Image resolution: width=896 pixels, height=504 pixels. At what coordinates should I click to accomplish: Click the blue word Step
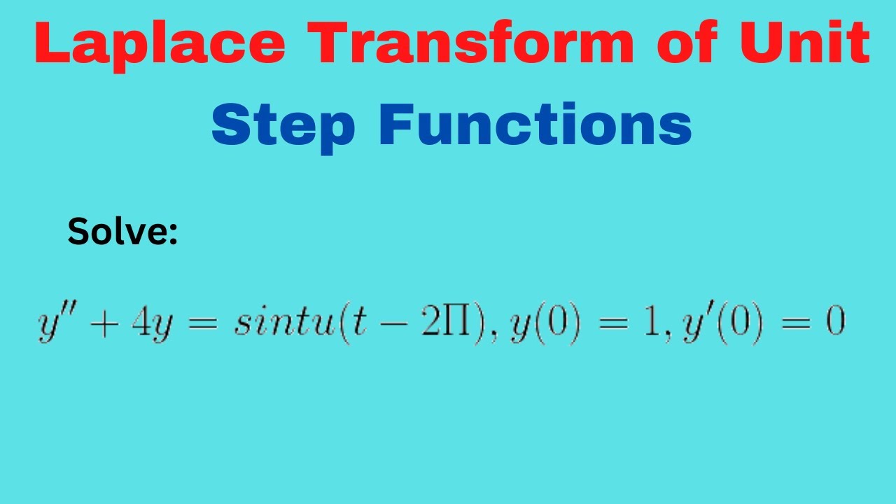(283, 126)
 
